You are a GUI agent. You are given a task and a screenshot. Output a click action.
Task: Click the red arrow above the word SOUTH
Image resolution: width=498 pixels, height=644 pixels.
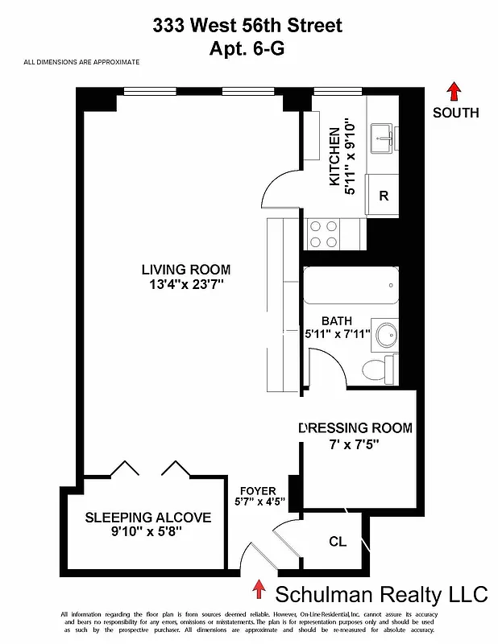[455, 90]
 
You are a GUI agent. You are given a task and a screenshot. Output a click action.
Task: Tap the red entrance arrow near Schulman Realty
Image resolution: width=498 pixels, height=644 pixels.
[259, 590]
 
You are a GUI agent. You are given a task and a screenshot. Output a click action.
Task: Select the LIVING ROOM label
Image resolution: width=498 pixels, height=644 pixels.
[186, 270]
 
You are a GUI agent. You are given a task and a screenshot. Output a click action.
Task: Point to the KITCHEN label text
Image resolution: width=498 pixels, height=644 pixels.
[334, 156]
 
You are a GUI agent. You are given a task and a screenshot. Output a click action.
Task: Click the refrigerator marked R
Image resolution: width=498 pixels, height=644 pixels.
[384, 196]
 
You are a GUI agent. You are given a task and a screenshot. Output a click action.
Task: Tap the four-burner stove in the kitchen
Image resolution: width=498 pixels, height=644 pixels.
[324, 234]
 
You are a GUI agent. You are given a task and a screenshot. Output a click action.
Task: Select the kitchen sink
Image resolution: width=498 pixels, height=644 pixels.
[383, 138]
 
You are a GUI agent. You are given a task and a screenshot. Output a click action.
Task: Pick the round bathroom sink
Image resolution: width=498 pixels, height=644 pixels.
[387, 332]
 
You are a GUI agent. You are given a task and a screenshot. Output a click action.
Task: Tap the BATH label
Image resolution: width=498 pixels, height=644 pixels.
[336, 320]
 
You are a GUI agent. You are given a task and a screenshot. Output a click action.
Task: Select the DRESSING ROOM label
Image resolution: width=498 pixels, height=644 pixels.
[355, 427]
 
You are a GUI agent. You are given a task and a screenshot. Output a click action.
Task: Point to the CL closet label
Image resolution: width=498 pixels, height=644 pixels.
[338, 542]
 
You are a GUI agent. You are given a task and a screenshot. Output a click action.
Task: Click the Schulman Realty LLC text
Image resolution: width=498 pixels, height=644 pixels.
[381, 595]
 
